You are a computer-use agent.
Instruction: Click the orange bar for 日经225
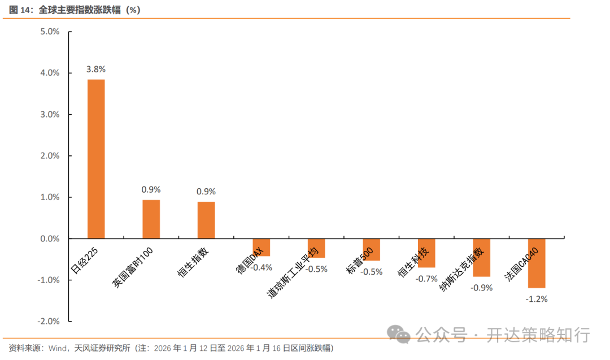[x=96, y=159]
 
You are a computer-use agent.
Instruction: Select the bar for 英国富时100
[x=151, y=219]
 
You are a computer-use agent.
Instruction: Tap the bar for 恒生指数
[x=206, y=220]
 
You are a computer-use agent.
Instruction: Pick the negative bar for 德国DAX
[x=261, y=247]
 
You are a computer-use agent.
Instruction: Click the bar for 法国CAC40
[x=537, y=263]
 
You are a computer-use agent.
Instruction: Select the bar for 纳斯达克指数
[x=481, y=257]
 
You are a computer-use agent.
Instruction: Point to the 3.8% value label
[x=96, y=69]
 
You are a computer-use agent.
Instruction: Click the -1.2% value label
[x=537, y=299]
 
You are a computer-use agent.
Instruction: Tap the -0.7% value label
[x=426, y=278]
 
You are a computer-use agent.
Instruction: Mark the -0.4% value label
[x=262, y=267]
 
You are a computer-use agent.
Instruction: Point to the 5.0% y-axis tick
[x=50, y=32]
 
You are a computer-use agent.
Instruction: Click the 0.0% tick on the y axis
[x=50, y=238]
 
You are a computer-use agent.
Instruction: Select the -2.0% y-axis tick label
[x=49, y=321]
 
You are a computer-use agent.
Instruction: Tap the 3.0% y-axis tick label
[x=50, y=114]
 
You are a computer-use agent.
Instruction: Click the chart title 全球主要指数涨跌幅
[x=90, y=10]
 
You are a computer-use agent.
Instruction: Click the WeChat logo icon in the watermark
[x=403, y=334]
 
